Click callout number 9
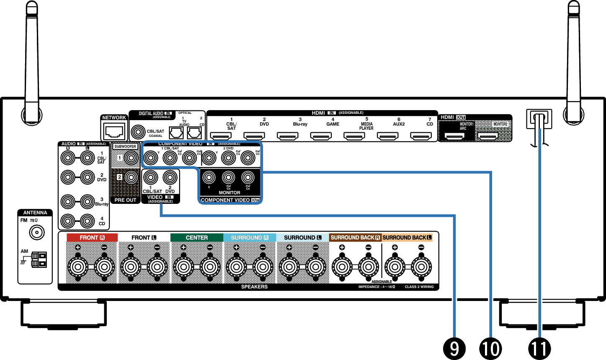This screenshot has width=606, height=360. click(454, 348)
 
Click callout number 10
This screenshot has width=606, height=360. click(490, 348)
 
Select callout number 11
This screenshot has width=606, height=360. click(539, 348)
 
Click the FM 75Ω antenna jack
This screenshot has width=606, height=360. click(37, 232)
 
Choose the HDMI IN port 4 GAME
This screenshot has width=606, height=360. click(321, 136)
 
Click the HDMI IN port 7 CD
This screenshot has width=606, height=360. click(420, 136)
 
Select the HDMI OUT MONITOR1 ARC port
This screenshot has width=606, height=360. click(454, 136)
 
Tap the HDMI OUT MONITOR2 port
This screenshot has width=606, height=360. click(488, 136)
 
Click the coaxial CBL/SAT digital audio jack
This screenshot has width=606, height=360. click(138, 133)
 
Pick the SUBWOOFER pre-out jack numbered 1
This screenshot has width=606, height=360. click(131, 158)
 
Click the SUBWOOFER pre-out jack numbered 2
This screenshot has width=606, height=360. click(131, 177)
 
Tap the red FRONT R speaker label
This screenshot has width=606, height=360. click(92, 238)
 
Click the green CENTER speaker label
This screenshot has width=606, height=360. click(196, 238)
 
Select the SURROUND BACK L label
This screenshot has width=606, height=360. click(407, 238)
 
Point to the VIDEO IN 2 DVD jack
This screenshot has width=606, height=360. click(170, 177)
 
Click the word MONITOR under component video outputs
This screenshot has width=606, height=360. click(230, 193)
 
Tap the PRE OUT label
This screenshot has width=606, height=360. click(126, 200)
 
